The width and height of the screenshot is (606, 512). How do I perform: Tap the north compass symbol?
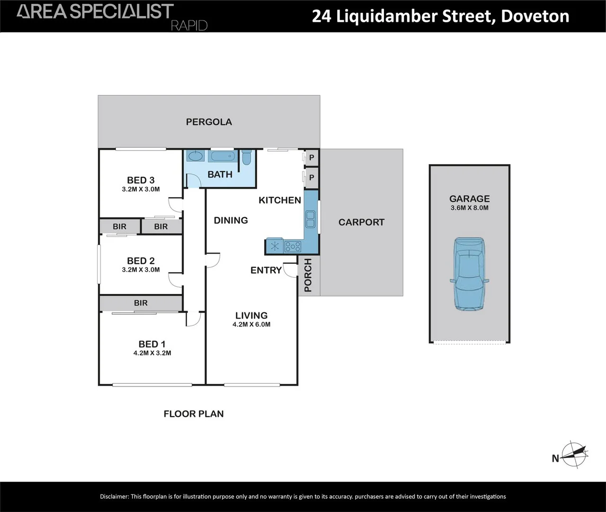pyautogui.click(x=574, y=455)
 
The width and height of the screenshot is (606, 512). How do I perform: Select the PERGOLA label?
pyautogui.click(x=209, y=122)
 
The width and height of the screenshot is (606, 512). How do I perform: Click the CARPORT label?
pyautogui.click(x=361, y=222)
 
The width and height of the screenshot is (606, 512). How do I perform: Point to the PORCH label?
pyautogui.click(x=308, y=275)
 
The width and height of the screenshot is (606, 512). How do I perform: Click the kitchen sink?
pyautogui.click(x=311, y=219)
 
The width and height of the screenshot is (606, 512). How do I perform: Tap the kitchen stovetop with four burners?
pyautogui.click(x=293, y=246)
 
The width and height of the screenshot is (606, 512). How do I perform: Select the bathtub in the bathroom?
pyautogui.click(x=222, y=156)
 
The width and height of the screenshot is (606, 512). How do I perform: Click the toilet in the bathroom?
pyautogui.click(x=246, y=157)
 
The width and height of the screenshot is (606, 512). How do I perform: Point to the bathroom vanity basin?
pyautogui.click(x=195, y=155)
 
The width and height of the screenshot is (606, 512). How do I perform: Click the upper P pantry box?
pyautogui.click(x=312, y=157)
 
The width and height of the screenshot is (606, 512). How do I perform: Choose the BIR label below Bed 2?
pyautogui.click(x=141, y=303)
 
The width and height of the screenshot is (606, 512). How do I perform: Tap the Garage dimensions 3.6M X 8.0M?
pyautogui.click(x=469, y=208)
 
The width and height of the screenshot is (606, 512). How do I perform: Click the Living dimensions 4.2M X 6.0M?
pyautogui.click(x=251, y=325)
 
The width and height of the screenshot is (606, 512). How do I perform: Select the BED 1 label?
pyautogui.click(x=152, y=344)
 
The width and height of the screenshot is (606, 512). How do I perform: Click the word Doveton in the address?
pyautogui.click(x=535, y=16)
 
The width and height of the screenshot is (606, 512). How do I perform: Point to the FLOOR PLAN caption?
pyautogui.click(x=194, y=414)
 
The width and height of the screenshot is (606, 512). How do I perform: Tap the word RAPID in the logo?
pyautogui.click(x=189, y=26)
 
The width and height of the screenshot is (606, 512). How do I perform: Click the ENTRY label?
pyautogui.click(x=266, y=270)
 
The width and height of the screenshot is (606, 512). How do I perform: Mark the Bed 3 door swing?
pyautogui.click(x=176, y=204)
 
